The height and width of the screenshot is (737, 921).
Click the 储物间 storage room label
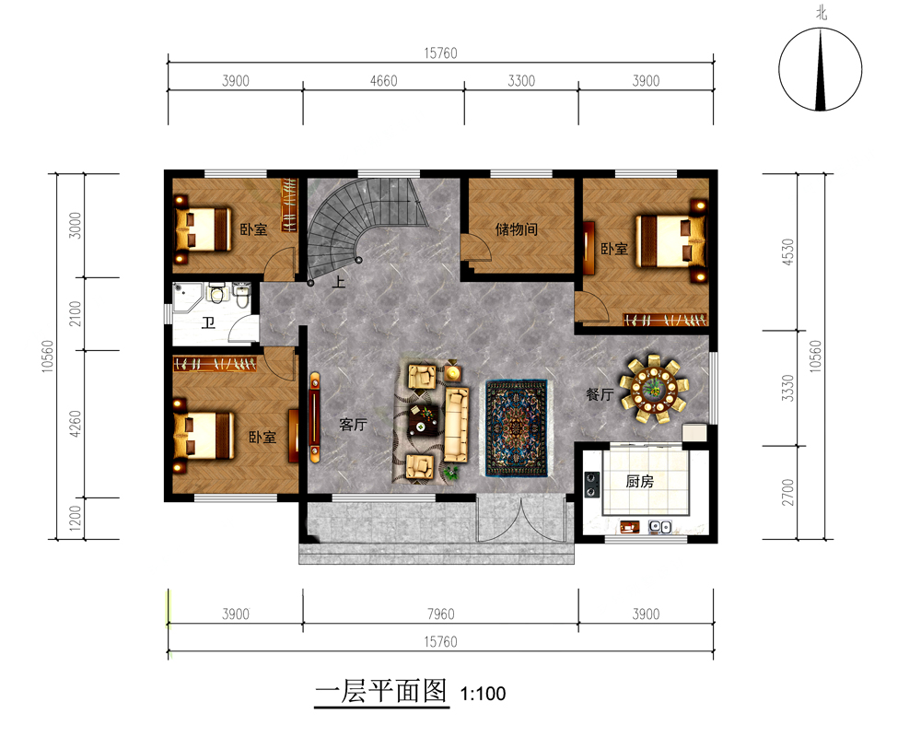click(517, 228)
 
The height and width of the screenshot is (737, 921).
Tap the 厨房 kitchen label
click(640, 481)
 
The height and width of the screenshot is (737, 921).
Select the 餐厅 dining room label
click(600, 394)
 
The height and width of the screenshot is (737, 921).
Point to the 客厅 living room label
click(353, 425)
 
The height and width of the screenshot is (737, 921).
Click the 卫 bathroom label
click(208, 322)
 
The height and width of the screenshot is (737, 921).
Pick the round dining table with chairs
click(653, 389)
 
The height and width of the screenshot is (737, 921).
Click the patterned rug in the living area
click(517, 427)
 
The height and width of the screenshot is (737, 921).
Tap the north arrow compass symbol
click(821, 69)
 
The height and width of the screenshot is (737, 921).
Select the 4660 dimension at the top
click(383, 80)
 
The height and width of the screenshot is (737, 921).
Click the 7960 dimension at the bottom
click(440, 614)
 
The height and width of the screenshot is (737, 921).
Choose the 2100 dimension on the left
click(76, 313)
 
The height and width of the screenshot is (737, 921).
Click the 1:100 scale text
click(483, 694)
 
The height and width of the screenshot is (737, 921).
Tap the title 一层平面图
click(381, 691)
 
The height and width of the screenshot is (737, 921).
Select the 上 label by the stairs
click(339, 282)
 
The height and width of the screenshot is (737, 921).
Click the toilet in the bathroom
click(216, 292)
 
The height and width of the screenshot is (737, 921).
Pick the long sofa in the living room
click(457, 424)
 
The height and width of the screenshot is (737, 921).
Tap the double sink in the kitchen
click(660, 527)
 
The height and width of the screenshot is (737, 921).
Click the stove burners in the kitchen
click(592, 485)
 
